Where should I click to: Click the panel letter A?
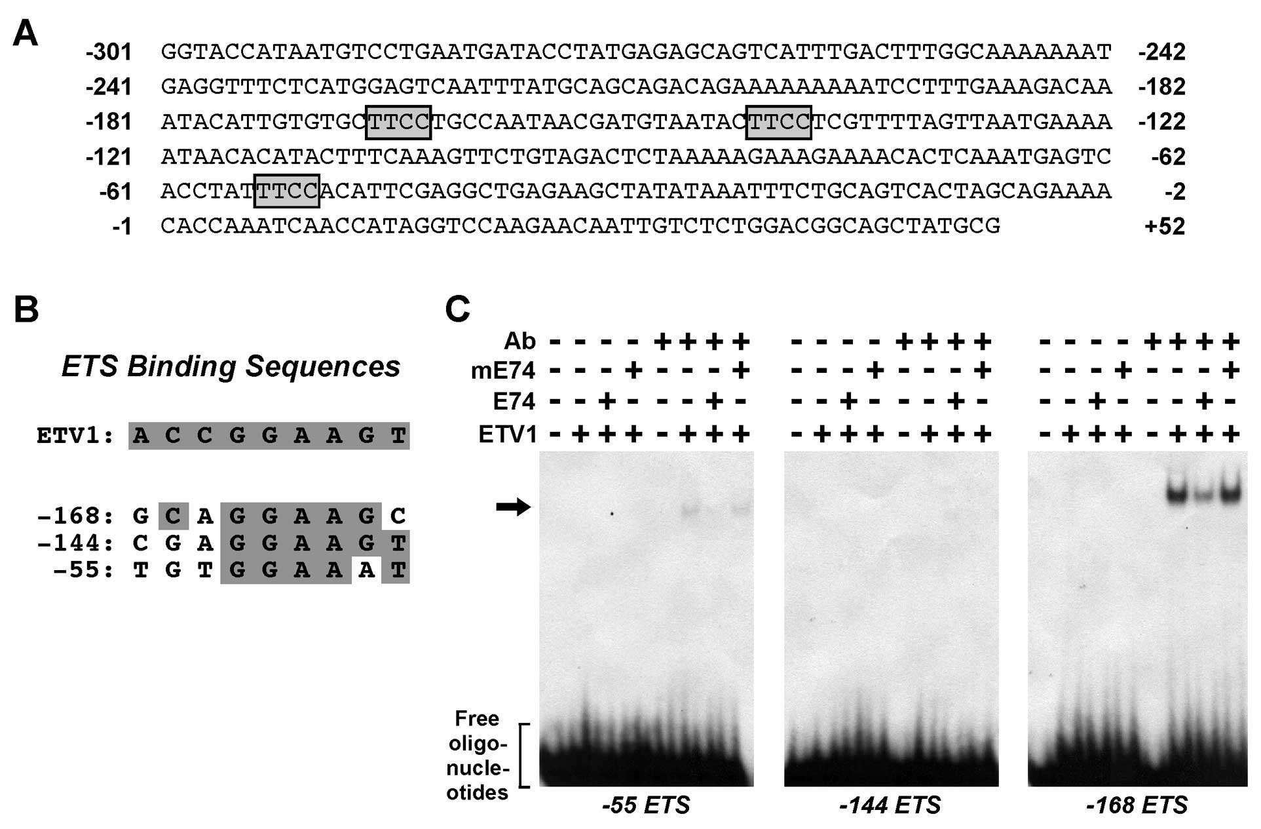[x=26, y=33]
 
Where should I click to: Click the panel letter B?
[x=26, y=309]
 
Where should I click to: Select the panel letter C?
[x=457, y=309]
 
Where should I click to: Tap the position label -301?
[x=109, y=52]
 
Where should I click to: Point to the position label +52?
[x=1164, y=226]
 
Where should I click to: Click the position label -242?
[x=1161, y=52]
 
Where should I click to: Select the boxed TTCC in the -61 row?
[x=287, y=191]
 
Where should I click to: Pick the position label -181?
[x=109, y=122]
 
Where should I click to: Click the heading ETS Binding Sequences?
[x=231, y=366]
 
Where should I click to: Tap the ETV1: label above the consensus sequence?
[x=75, y=436]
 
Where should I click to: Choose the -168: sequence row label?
[x=75, y=516]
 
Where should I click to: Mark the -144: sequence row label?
[x=75, y=543]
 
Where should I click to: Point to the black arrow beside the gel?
[x=513, y=507]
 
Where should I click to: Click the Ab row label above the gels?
[x=519, y=341]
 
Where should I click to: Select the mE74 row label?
[x=503, y=372]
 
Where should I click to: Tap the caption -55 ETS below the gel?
[x=646, y=805]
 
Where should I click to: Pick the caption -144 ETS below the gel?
[x=890, y=805]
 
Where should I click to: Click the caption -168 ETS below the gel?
[x=1137, y=805]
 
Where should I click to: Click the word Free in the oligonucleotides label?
[x=477, y=719]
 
